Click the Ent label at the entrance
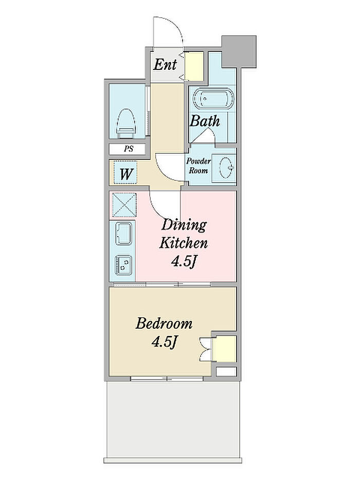[165, 64]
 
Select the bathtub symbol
[213, 99]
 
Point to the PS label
[129, 149]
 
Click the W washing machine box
[125, 173]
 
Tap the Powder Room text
[199, 166]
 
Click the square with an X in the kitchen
[124, 204]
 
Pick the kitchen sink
[123, 234]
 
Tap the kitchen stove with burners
[123, 264]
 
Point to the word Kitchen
[184, 243]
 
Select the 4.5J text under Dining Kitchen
[184, 261]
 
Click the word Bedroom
[164, 324]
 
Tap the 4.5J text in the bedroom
[164, 342]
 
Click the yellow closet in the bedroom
[224, 348]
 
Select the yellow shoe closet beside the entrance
[194, 66]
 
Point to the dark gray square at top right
[239, 51]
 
